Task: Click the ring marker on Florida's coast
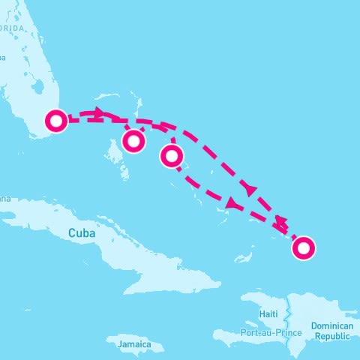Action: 56,121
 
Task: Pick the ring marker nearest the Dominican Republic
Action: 304,247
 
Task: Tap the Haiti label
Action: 268,313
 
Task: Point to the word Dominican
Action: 330,326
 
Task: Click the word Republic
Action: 331,337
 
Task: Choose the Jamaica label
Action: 134,345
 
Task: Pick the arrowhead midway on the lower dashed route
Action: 232,203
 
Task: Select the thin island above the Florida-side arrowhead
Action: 105,97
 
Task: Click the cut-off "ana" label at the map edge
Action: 5,199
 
